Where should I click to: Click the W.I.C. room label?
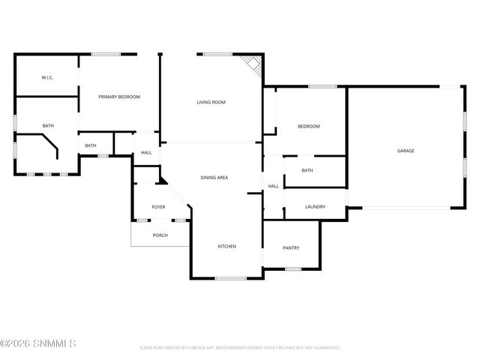(46, 77)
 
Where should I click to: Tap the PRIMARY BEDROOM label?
(120, 97)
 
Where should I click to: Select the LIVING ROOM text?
(211, 102)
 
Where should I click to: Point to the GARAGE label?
(406, 151)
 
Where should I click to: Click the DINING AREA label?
(214, 178)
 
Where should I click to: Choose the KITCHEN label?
(227, 247)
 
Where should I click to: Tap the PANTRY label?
(291, 247)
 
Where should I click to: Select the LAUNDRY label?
(315, 206)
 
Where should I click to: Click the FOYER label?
(158, 207)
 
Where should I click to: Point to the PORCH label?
(160, 235)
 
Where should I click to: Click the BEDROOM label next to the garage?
(309, 126)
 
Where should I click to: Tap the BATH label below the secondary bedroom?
(307, 170)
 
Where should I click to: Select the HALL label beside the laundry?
(274, 186)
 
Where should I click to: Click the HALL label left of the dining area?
(146, 153)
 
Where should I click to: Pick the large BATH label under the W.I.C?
(48, 126)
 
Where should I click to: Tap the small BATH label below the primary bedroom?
(91, 145)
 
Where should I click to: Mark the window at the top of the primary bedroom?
(106, 53)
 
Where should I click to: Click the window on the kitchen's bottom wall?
(230, 279)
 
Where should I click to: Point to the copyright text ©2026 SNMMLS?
(38, 343)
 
